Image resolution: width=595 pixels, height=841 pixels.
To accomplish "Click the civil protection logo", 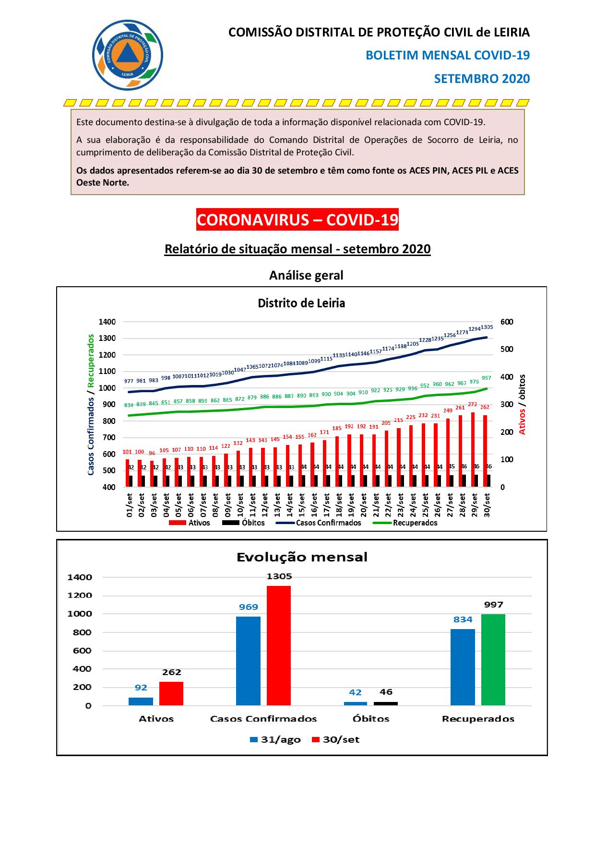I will point(127,55).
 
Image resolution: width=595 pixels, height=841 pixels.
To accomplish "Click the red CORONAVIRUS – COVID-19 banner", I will point(297,220).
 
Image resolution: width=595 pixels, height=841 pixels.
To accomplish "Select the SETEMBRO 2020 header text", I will point(481,79).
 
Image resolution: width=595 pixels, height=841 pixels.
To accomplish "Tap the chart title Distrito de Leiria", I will point(301,303).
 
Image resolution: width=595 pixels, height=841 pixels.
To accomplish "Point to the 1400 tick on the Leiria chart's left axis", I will point(107,322).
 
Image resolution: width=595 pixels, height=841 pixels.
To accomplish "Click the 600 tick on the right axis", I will point(506,322).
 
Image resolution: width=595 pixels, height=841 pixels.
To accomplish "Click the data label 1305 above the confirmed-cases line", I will point(487,327).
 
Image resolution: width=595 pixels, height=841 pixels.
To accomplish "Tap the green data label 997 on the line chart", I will point(487,378).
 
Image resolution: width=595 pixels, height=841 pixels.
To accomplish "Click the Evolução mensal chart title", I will point(302,557).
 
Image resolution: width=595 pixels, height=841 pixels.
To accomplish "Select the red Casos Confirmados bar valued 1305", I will point(279,645).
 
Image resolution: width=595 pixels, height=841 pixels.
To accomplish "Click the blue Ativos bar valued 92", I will point(141,701).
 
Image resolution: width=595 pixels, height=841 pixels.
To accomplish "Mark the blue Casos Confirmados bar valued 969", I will point(248,660).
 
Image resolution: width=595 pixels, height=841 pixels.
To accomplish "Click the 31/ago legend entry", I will point(275,739).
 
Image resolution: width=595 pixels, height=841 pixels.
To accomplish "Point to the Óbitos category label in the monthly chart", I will point(371,719).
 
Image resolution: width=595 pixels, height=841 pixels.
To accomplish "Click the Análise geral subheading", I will point(306,275).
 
